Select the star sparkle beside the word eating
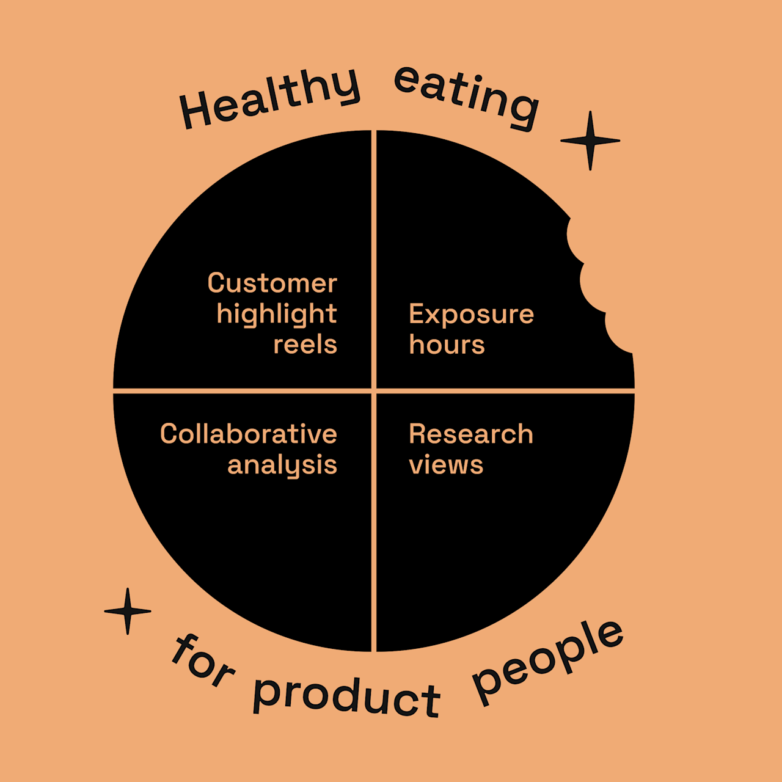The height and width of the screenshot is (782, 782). pyautogui.click(x=590, y=141)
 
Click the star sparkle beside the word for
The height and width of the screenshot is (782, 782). pyautogui.click(x=128, y=611)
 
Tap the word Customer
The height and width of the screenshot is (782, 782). pyautogui.click(x=272, y=283)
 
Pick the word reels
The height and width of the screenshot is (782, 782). pyautogui.click(x=305, y=345)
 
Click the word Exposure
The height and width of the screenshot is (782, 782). pyautogui.click(x=471, y=315)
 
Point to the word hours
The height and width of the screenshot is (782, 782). pyautogui.click(x=447, y=345)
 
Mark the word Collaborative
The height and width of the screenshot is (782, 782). pyautogui.click(x=248, y=434)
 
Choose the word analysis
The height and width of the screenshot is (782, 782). pyautogui.click(x=282, y=466)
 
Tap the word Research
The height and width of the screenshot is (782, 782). pyautogui.click(x=470, y=434)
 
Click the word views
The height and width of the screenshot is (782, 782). pyautogui.click(x=446, y=466)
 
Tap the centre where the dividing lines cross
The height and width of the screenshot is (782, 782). pyautogui.click(x=374, y=390)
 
